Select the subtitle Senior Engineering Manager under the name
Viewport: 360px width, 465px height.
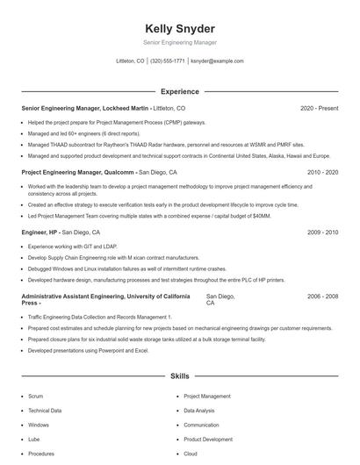coord(179,41)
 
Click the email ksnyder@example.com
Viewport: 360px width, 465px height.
coord(217,61)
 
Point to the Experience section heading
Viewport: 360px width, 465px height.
coord(179,91)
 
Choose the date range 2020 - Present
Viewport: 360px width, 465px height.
coord(319,108)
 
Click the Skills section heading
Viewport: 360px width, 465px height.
coord(179,376)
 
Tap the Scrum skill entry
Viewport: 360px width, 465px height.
coord(35,396)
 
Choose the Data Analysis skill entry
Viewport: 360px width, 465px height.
coord(200,410)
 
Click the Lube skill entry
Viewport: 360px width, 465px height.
coord(34,439)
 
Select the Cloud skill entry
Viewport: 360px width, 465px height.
coord(191,454)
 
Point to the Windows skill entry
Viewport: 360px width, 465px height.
coord(39,425)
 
